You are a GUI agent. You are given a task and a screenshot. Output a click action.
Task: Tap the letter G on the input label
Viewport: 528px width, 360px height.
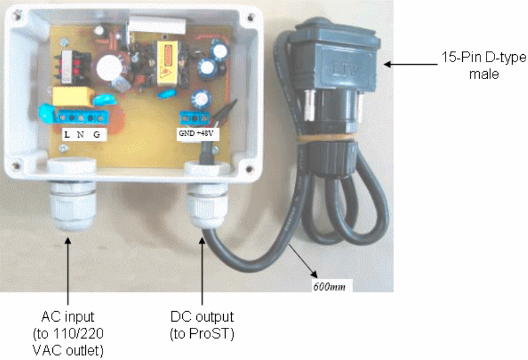tap(96, 133)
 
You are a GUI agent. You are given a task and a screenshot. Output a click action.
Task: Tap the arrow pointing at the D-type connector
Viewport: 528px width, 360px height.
tap(408, 63)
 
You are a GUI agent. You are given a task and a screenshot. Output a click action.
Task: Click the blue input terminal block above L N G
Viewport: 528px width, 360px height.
tap(78, 116)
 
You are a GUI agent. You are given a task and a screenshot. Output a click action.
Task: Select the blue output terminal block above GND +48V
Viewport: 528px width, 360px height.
tap(194, 118)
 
